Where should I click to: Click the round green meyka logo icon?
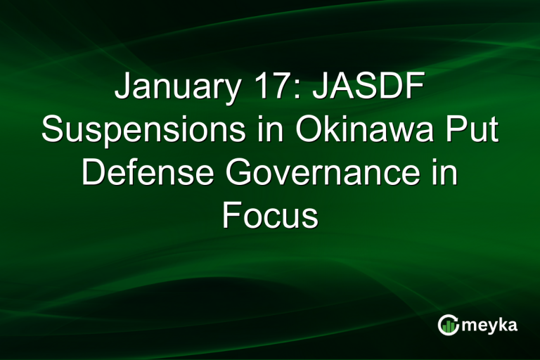[x=448, y=324]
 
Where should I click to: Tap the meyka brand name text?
[x=491, y=324]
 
